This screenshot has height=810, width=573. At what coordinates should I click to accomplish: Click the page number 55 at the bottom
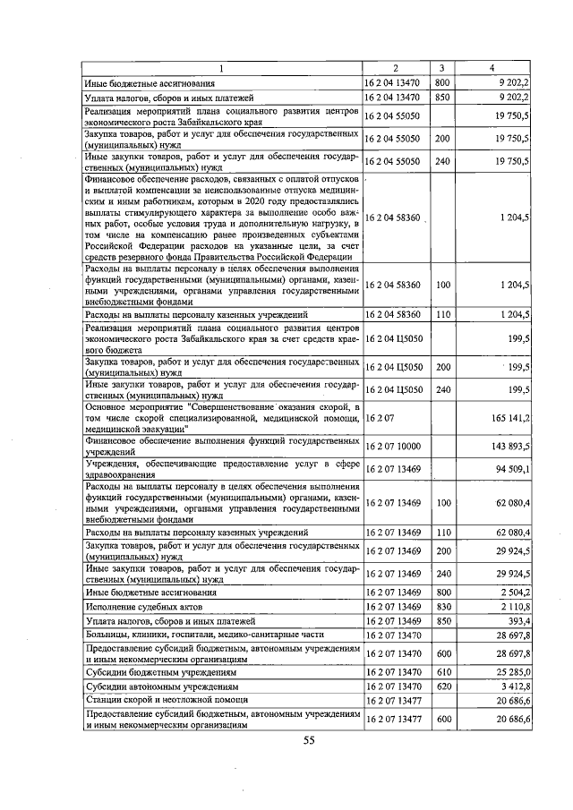[x=309, y=739]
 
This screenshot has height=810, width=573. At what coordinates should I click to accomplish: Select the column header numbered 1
[x=222, y=68]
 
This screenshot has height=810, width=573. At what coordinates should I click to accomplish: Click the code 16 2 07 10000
[x=393, y=445]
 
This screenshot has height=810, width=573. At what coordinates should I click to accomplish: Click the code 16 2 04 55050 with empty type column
[x=393, y=115]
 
